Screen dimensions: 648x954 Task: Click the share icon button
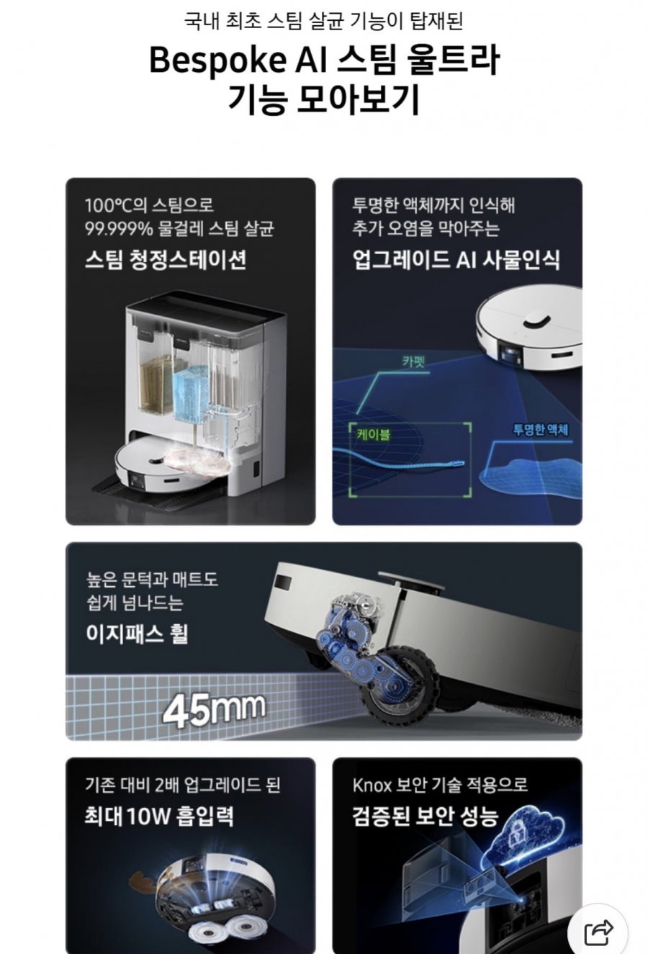coord(598,932)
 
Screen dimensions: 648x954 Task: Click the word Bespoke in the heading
coord(217,60)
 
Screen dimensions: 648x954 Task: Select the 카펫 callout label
coord(413,361)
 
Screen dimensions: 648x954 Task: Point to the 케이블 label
coord(374,435)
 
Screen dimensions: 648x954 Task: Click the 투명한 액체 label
coord(540,430)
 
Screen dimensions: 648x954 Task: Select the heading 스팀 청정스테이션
coord(166,259)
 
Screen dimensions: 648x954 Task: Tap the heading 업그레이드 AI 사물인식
coord(456,259)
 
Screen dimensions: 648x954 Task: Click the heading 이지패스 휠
coord(137,634)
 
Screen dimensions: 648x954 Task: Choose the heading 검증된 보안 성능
coord(425,816)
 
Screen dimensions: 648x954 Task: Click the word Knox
coord(372,785)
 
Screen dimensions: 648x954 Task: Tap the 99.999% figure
coord(119,230)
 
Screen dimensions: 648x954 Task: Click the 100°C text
coord(109,206)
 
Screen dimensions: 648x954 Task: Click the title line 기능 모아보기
coord(324,99)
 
